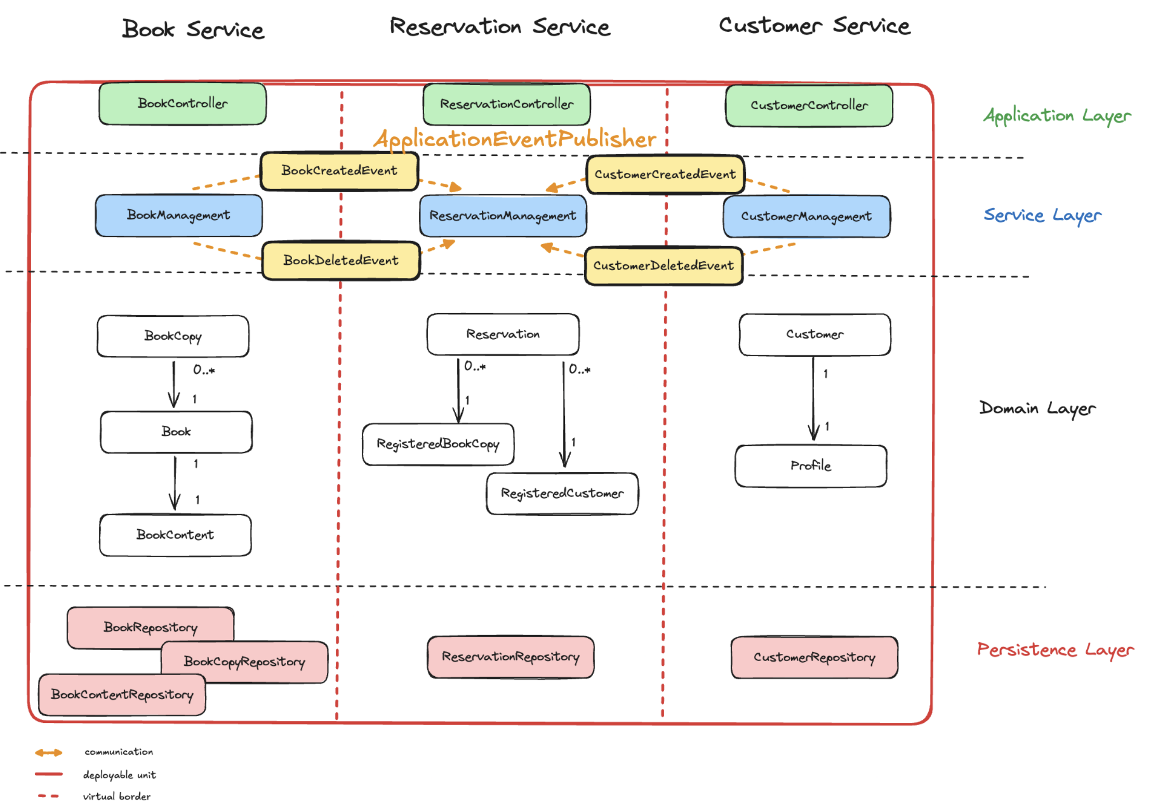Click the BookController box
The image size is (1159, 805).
click(x=182, y=103)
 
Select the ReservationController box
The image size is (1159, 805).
click(x=506, y=104)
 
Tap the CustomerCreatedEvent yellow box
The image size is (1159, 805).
click(x=665, y=175)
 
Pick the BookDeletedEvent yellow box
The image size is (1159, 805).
click(x=340, y=260)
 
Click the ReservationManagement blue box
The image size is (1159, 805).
click(x=503, y=216)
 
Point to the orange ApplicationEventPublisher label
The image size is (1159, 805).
click(x=515, y=139)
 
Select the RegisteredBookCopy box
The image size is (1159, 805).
click(x=438, y=444)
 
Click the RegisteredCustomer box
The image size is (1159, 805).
click(x=562, y=493)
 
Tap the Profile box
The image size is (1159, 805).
click(x=810, y=466)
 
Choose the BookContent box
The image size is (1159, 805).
click(x=175, y=535)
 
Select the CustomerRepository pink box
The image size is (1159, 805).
click(x=814, y=658)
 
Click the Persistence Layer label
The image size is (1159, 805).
click(x=1055, y=650)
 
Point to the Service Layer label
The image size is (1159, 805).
click(x=1042, y=215)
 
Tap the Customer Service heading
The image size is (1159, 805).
click(x=814, y=26)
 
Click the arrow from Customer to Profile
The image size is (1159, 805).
click(x=813, y=400)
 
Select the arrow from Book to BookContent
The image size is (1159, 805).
click(x=175, y=483)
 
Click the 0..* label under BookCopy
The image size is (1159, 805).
click(x=204, y=370)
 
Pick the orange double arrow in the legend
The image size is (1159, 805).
click(x=48, y=753)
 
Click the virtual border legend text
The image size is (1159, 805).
click(x=116, y=796)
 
